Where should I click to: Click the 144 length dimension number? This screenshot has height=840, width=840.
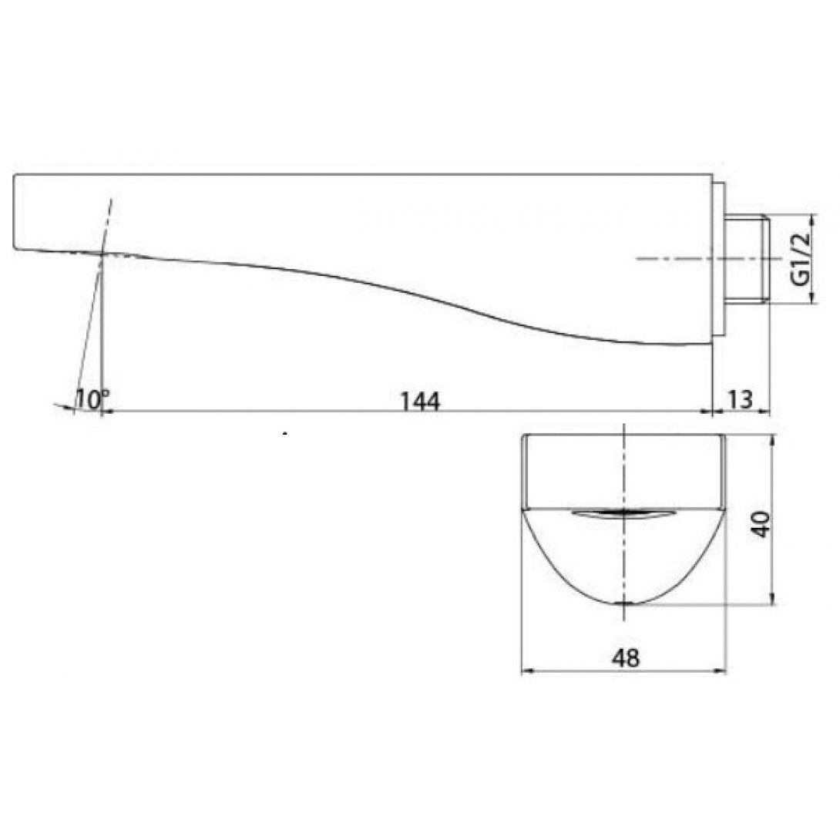[421, 401]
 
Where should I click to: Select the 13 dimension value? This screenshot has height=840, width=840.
[741, 399]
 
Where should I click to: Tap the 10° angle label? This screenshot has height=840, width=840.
[92, 399]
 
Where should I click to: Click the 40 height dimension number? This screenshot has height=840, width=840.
[761, 524]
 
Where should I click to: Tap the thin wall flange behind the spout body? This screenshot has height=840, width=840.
[720, 259]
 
